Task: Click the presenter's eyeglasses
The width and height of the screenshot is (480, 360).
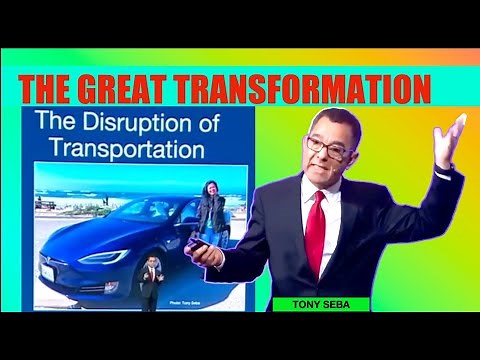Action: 330,145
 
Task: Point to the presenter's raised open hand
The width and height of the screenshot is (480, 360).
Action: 450,140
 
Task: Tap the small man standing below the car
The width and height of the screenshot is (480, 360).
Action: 149,283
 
